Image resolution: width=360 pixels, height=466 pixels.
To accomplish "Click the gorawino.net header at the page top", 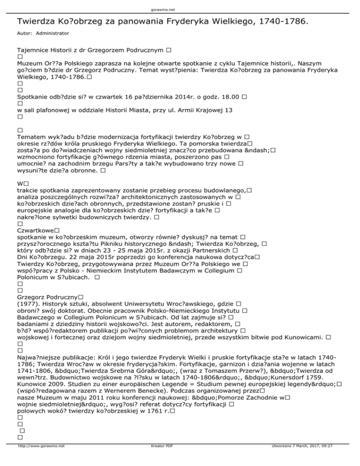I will coord(180,9).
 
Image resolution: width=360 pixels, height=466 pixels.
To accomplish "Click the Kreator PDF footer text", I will coord(156,459).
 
